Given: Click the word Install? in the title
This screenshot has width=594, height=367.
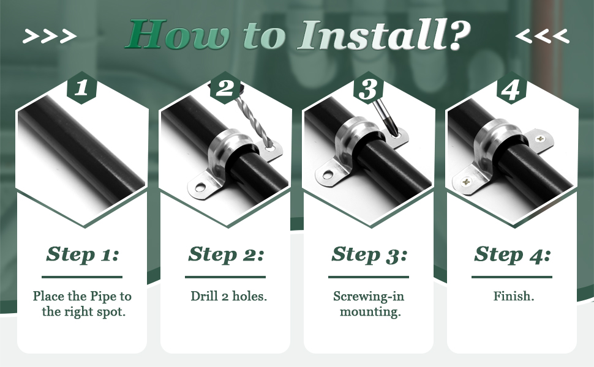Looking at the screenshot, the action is pyautogui.click(x=384, y=35).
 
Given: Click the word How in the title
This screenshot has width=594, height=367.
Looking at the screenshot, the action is pyautogui.click(x=178, y=35).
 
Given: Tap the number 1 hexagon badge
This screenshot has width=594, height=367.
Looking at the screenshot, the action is pyautogui.click(x=82, y=88).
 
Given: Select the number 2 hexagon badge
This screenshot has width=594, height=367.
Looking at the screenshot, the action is pyautogui.click(x=225, y=88).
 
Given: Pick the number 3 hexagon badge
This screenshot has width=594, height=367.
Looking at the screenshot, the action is pyautogui.click(x=368, y=88).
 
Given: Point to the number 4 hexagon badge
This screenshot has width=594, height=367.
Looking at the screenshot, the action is pyautogui.click(x=511, y=88).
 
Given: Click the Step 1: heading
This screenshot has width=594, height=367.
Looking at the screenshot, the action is pyautogui.click(x=82, y=254).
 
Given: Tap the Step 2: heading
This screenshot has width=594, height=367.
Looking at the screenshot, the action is pyautogui.click(x=226, y=254).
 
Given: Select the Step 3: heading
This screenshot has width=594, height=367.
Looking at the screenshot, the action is pyautogui.click(x=369, y=254).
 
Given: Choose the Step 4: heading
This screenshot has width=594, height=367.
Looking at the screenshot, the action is pyautogui.click(x=512, y=254).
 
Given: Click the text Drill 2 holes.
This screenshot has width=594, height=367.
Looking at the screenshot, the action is pyautogui.click(x=229, y=296).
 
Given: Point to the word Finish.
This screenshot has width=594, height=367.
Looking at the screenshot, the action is pyautogui.click(x=514, y=296).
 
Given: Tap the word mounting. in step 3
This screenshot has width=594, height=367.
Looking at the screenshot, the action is pyautogui.click(x=370, y=312).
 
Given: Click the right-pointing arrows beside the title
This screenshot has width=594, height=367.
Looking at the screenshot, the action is pyautogui.click(x=50, y=36).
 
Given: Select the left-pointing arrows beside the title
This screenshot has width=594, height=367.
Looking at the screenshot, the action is pyautogui.click(x=543, y=36).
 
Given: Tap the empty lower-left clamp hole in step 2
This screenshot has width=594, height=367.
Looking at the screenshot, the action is pyautogui.click(x=200, y=187).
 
